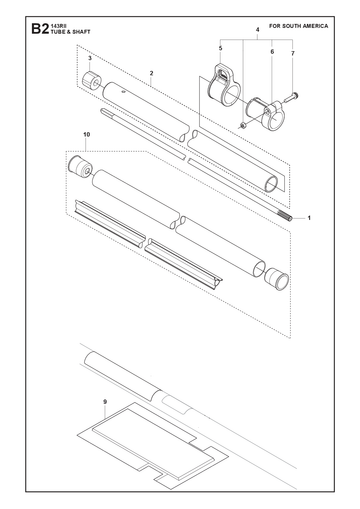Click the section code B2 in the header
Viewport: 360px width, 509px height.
[x=40, y=29]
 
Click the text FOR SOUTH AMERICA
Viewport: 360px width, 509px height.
[x=299, y=26]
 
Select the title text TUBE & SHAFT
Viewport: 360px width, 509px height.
[x=70, y=32]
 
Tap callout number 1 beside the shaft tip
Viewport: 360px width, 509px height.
[x=309, y=218]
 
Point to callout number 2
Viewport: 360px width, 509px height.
[x=151, y=73]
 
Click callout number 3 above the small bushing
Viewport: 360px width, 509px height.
[x=90, y=58]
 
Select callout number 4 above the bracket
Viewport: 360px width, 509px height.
[x=258, y=30]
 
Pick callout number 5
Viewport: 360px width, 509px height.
[x=220, y=48]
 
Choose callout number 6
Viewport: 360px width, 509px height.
[x=272, y=52]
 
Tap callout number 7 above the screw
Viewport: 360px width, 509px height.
[x=293, y=53]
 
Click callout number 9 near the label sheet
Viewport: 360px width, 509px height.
[x=105, y=402]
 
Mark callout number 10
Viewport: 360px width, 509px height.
[x=87, y=135]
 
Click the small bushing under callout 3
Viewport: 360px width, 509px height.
[x=91, y=81]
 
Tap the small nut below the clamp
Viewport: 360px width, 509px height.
[x=243, y=125]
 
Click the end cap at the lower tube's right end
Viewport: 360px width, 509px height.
[x=277, y=278]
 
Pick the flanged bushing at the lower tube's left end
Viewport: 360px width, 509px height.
[x=80, y=166]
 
